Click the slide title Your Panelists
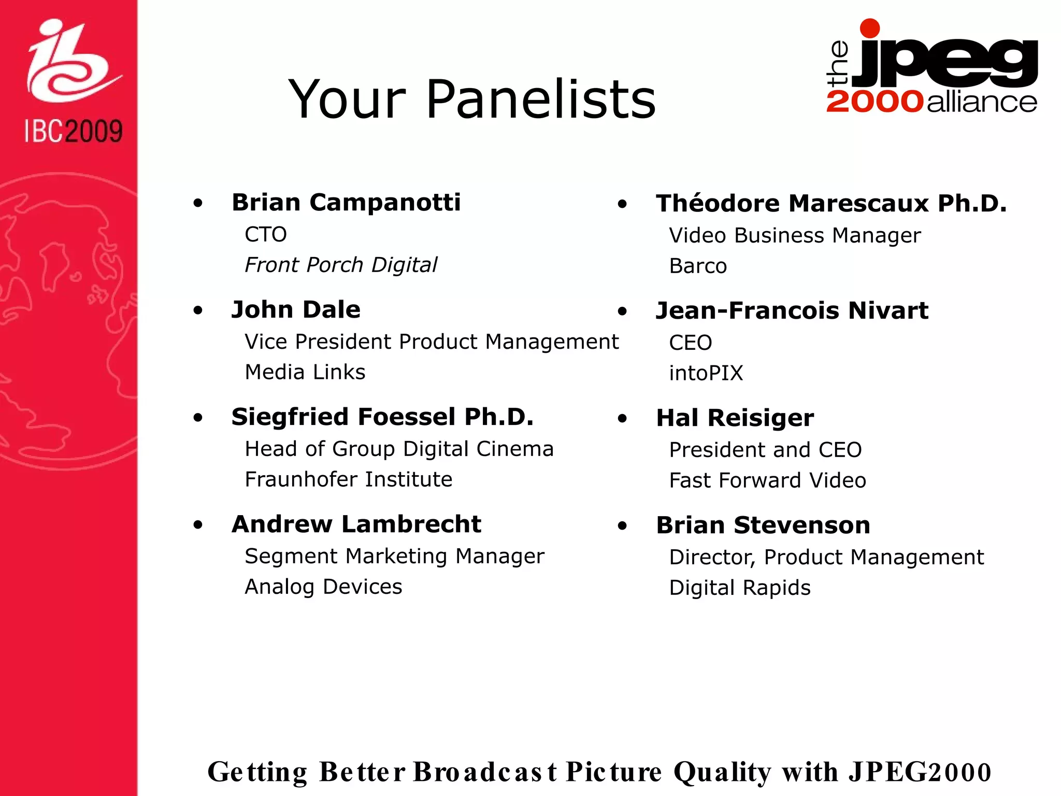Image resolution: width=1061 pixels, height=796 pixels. tap(472, 99)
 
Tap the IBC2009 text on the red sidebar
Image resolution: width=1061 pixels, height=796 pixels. tap(74, 131)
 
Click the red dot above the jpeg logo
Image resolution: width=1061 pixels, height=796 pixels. tap(869, 29)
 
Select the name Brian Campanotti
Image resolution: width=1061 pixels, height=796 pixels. tap(346, 202)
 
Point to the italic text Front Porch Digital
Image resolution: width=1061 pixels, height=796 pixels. tap(341, 265)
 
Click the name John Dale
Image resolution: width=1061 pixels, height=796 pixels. tap(296, 309)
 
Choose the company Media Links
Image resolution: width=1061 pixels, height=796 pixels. tap(305, 372)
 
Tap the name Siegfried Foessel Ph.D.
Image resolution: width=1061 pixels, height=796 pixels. tap(382, 417)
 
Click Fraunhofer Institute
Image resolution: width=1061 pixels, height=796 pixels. tap(349, 479)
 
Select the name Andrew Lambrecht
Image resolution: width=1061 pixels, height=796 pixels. tap(356, 524)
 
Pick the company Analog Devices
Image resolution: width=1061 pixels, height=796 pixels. tap(323, 587)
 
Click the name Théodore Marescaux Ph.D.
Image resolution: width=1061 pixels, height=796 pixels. tap(831, 203)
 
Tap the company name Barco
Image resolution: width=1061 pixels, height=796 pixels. tap(698, 266)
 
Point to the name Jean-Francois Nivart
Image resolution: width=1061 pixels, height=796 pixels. tap(792, 310)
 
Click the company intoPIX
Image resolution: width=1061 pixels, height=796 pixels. tap(706, 373)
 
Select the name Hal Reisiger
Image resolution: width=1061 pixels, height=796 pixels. tap(735, 418)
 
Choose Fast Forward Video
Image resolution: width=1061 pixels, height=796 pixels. tap(767, 480)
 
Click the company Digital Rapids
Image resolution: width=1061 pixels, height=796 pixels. tap(740, 588)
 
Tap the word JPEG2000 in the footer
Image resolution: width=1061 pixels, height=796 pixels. tap(920, 772)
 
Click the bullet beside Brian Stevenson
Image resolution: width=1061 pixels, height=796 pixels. tap(622, 526)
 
